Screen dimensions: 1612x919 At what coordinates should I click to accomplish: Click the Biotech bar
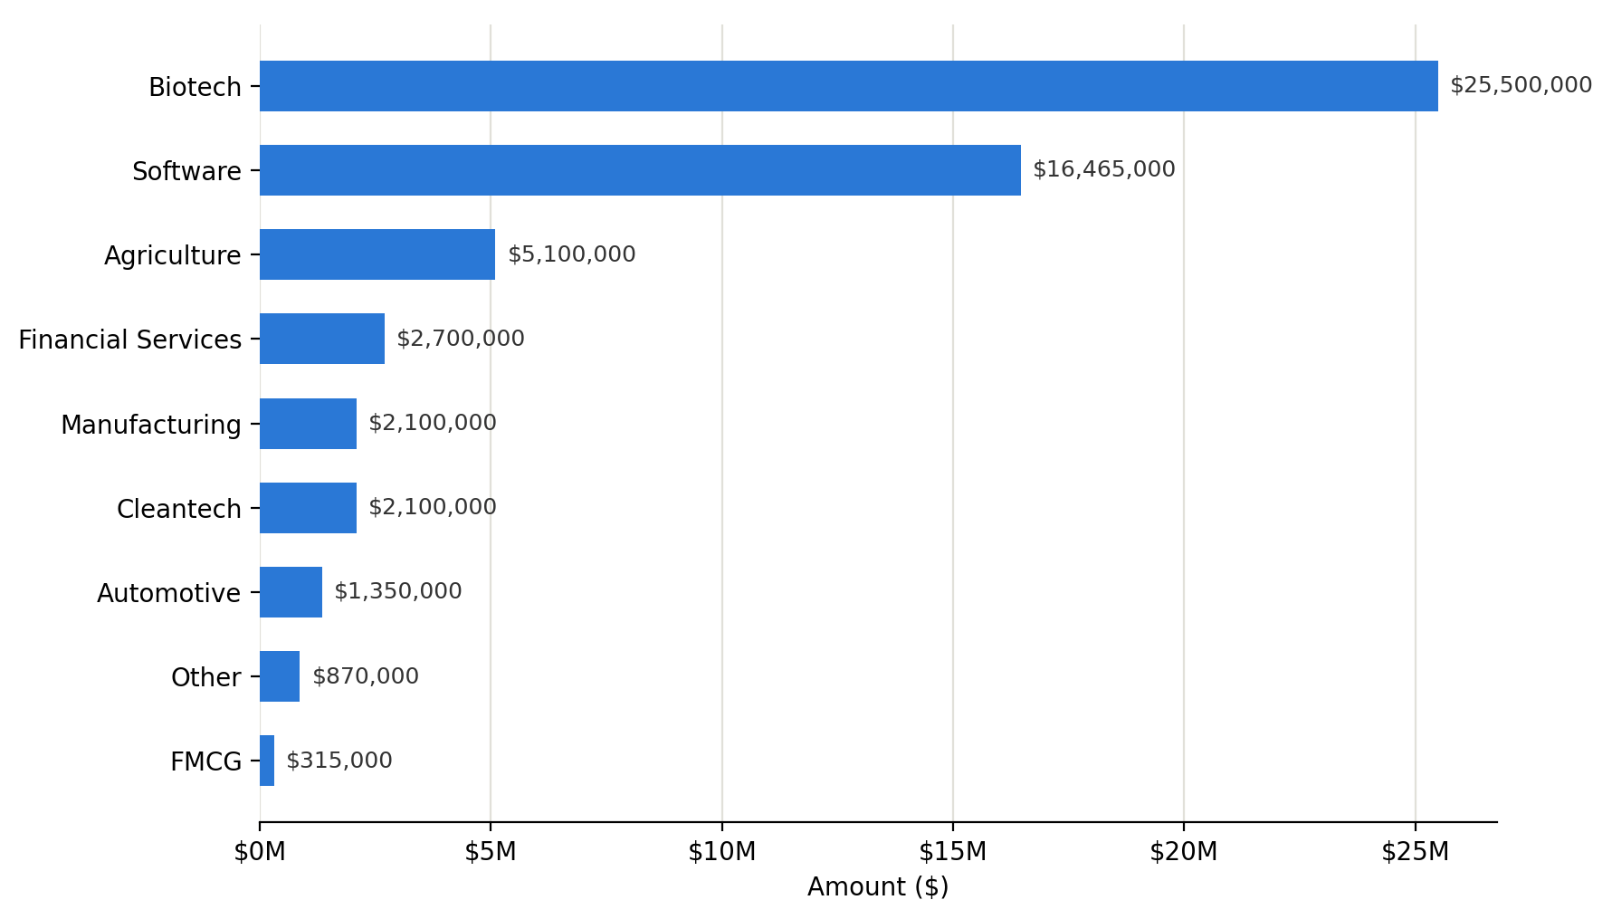pos(849,86)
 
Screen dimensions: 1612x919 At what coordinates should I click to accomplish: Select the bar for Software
pos(640,170)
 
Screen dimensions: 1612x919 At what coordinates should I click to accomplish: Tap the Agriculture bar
pos(377,254)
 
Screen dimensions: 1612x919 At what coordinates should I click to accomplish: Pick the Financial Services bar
pos(322,339)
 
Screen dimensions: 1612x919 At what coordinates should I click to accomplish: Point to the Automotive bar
pos(291,592)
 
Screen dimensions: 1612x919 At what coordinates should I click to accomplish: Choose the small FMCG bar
pos(267,761)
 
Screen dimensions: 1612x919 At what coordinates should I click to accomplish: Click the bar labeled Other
pos(280,676)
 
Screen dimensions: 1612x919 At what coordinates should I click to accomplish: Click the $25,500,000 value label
pos(1521,86)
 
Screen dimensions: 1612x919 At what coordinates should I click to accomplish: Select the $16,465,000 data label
pos(1104,170)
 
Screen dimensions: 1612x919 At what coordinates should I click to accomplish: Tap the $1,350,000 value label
pos(398,592)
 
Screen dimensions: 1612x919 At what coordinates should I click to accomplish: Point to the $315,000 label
pos(339,761)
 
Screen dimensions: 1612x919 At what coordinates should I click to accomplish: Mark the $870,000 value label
pos(366,677)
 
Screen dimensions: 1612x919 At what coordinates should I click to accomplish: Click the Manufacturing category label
pos(151,425)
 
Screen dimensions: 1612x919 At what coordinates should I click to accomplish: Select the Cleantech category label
pos(179,509)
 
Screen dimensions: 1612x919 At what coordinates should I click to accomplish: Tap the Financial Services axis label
pos(130,340)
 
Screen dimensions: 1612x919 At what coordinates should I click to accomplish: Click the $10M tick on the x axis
pos(721,852)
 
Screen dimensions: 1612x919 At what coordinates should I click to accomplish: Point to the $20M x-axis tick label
pos(1183,852)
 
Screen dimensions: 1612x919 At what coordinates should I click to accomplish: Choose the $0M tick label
pos(260,852)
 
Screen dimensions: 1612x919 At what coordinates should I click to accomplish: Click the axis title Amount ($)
pos(878,887)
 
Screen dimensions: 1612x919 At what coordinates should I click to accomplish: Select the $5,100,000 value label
pos(572,255)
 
